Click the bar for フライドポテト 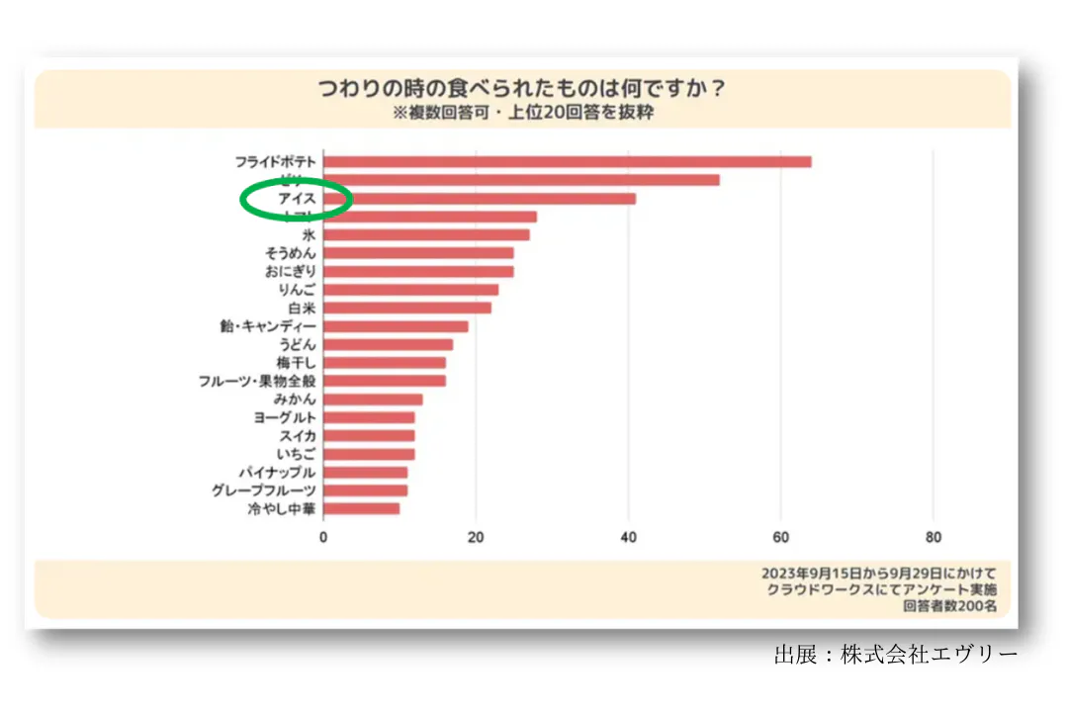pyautogui.click(x=567, y=161)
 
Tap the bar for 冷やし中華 pyautogui.click(x=361, y=508)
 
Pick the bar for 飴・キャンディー pyautogui.click(x=396, y=326)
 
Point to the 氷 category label pyautogui.click(x=309, y=235)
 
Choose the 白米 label pyautogui.click(x=302, y=308)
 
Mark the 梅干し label pyautogui.click(x=297, y=362)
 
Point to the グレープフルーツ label pyautogui.click(x=264, y=490)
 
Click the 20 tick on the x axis pyautogui.click(x=476, y=538)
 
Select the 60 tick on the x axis pyautogui.click(x=780, y=538)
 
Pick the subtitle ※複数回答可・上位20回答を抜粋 pyautogui.click(x=522, y=113)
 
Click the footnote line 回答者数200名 pyautogui.click(x=949, y=606)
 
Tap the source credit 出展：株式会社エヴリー pyautogui.click(x=895, y=655)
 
